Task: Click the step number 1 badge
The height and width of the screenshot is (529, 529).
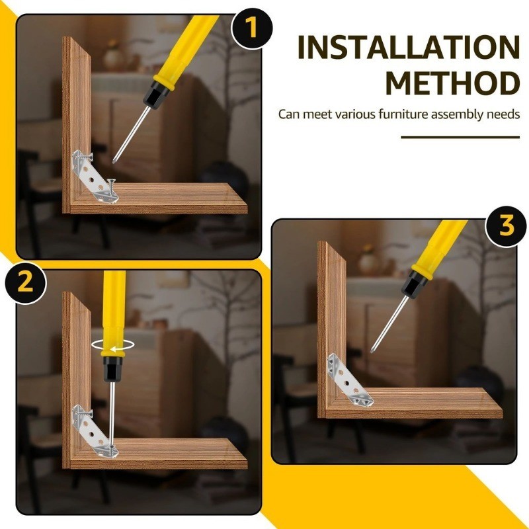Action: tap(252, 28)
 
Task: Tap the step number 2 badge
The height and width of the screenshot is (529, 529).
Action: tap(26, 283)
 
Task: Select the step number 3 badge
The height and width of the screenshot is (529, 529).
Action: tap(506, 226)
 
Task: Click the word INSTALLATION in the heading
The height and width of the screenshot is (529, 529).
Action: tap(409, 48)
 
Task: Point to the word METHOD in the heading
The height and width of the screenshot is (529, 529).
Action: tap(452, 83)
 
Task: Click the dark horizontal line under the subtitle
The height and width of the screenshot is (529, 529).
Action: tap(460, 138)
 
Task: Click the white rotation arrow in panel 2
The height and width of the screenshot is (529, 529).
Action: tap(112, 345)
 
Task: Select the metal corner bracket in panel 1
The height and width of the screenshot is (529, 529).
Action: tap(95, 177)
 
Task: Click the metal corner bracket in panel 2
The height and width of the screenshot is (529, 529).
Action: tap(95, 432)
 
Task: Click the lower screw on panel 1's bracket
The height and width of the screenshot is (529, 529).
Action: tap(111, 186)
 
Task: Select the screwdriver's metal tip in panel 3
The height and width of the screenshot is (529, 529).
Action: tap(388, 325)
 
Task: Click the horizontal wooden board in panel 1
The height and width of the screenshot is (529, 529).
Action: tap(159, 198)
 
